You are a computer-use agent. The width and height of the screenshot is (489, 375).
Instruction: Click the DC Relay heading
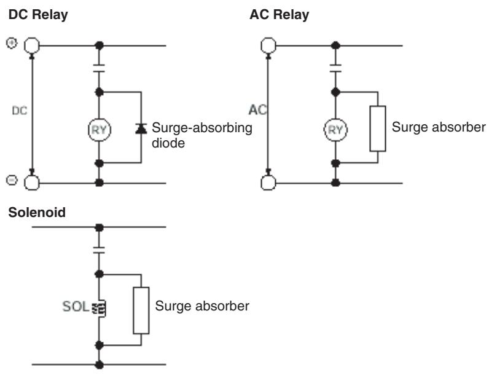tap(38, 15)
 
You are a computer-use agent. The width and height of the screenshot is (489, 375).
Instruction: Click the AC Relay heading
tap(280, 15)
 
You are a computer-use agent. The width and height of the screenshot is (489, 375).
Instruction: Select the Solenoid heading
tap(37, 213)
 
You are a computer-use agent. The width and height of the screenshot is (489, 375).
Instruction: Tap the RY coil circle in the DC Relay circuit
tap(99, 130)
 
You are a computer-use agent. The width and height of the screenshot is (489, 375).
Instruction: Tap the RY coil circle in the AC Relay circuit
tap(335, 130)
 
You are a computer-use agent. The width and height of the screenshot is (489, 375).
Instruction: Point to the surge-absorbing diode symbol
tap(141, 128)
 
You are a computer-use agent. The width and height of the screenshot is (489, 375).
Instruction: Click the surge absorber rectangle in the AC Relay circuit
tap(378, 128)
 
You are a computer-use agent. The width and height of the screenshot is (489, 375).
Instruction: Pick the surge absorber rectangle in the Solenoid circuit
tap(141, 310)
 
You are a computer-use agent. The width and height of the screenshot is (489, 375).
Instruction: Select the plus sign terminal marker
tap(12, 43)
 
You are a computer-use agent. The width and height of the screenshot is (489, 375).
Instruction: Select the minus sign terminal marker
tap(12, 180)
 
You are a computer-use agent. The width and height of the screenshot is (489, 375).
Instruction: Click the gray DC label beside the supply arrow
tap(20, 111)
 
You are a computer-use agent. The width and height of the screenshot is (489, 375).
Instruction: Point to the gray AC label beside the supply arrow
tap(258, 110)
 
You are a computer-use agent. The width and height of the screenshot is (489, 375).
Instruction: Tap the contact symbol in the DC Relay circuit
tap(99, 68)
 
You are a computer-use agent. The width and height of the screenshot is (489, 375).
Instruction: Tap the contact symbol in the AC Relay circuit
tap(335, 68)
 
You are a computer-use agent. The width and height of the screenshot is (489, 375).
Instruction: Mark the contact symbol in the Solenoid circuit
tap(99, 250)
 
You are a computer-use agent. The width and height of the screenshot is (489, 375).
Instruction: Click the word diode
tap(168, 143)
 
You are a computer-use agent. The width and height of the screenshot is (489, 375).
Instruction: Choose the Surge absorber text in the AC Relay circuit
tap(439, 127)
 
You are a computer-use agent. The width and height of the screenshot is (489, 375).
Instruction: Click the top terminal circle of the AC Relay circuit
tap(268, 45)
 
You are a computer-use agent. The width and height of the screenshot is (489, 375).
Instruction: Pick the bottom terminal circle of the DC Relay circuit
tap(32, 183)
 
